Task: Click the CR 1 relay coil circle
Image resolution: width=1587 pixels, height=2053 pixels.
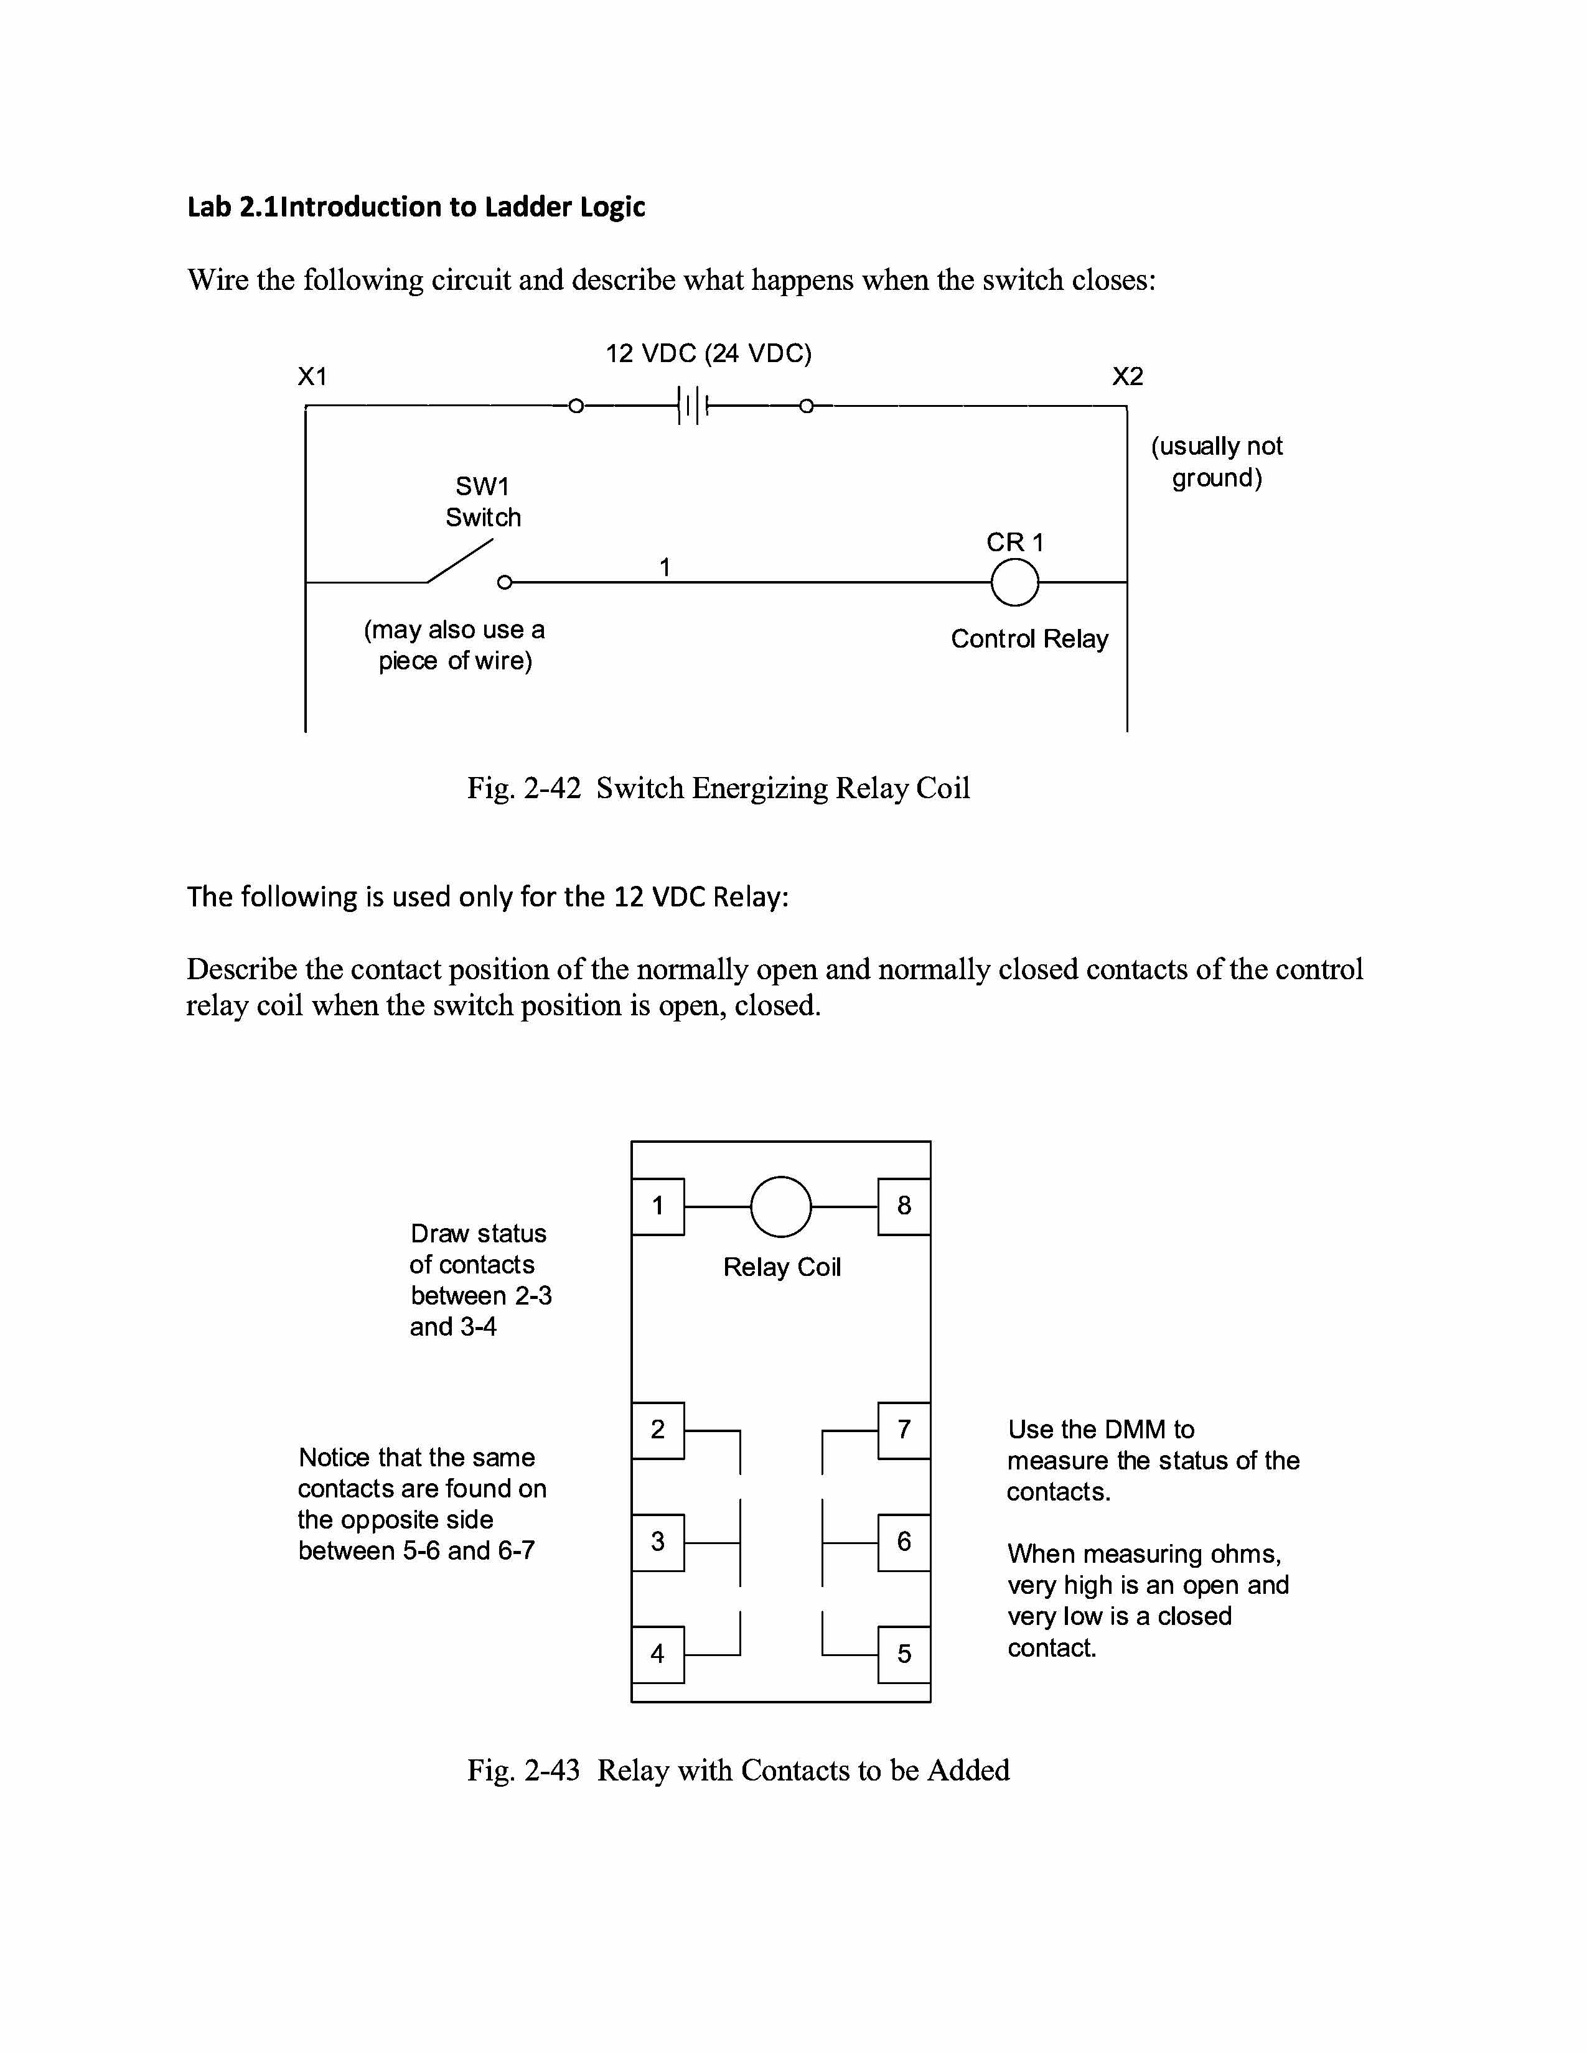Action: [1014, 583]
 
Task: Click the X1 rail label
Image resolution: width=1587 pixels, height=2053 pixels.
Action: [312, 377]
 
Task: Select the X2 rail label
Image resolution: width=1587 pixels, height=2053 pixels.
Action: [1127, 377]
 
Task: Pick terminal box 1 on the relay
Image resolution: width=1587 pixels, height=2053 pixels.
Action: [658, 1206]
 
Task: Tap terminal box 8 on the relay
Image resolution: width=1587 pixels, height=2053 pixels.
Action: [904, 1206]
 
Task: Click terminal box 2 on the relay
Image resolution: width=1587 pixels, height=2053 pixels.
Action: [658, 1430]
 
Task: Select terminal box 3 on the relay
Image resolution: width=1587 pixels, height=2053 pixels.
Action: [658, 1542]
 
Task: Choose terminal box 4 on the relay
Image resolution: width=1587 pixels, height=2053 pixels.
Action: [658, 1654]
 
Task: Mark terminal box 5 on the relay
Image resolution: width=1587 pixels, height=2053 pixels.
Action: [904, 1654]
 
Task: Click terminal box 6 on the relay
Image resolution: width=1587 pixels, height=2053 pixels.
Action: [904, 1542]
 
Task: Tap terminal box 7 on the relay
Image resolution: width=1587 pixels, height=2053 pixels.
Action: [904, 1430]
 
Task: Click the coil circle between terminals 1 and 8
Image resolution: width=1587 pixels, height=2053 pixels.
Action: [780, 1206]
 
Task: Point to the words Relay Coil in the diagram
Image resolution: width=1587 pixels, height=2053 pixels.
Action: [781, 1267]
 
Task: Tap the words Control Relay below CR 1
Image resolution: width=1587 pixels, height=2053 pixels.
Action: [1029, 639]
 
